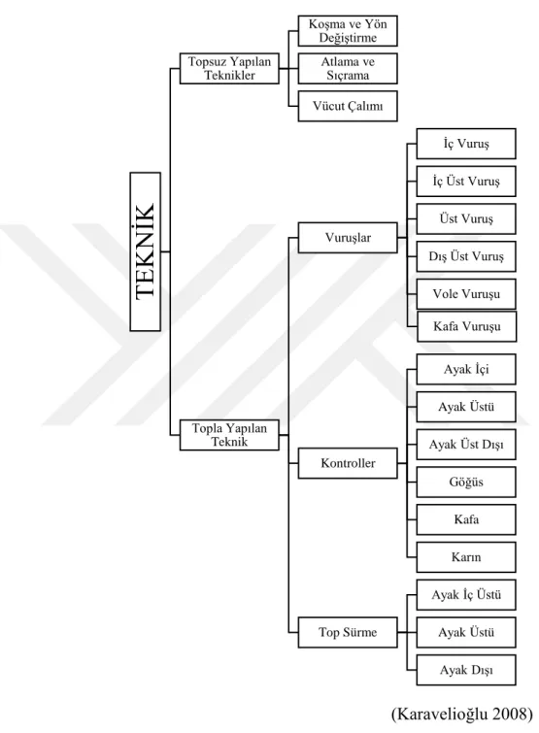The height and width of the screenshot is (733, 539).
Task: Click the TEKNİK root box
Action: (146, 252)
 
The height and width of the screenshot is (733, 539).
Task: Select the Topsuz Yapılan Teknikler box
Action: (229, 69)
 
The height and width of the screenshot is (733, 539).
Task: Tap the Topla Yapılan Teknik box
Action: (229, 435)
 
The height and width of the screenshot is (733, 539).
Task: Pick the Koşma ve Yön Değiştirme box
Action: (348, 31)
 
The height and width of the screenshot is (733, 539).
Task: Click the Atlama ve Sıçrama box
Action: (348, 69)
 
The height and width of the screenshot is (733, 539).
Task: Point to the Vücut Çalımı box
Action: (348, 106)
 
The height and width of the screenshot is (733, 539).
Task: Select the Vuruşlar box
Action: (348, 238)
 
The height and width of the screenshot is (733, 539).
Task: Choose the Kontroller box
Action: (348, 463)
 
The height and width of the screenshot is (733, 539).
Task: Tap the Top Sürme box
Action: (348, 632)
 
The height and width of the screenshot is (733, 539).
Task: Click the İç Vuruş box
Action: (466, 144)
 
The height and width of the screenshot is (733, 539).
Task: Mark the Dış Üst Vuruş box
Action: (466, 256)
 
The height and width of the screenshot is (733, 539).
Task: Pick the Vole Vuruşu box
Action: (466, 294)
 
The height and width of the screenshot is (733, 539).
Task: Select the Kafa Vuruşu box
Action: (466, 326)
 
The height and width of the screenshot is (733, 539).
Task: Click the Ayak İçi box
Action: (466, 369)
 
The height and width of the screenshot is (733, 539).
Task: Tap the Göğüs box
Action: (466, 482)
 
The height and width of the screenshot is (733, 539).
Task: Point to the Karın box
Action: (466, 557)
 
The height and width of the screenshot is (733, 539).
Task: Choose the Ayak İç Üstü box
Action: (466, 595)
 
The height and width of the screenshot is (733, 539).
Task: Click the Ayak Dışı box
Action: (466, 670)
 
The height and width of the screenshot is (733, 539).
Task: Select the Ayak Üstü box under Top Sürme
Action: (466, 632)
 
